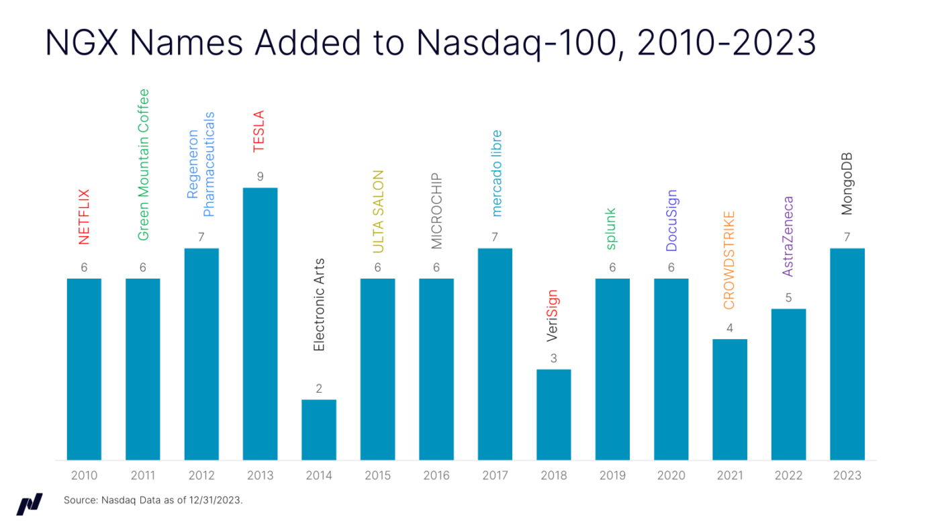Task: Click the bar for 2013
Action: (x=260, y=324)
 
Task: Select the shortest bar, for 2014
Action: (x=319, y=430)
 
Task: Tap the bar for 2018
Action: (x=554, y=414)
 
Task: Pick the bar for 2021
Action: (x=730, y=399)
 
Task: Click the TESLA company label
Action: (x=259, y=131)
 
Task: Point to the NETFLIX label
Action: (x=84, y=216)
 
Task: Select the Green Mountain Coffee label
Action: (x=143, y=164)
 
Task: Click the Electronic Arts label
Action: (x=319, y=305)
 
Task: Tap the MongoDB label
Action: (x=847, y=184)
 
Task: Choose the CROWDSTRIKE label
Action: (x=730, y=260)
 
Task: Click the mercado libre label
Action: (x=496, y=173)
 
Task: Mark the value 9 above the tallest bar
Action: (x=260, y=177)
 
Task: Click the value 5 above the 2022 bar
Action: (x=788, y=298)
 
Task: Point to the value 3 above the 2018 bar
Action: (x=554, y=358)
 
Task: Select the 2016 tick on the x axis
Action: (x=436, y=476)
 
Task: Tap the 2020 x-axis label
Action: (x=671, y=476)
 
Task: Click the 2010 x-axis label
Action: (x=84, y=476)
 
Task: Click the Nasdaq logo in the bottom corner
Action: (x=30, y=503)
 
